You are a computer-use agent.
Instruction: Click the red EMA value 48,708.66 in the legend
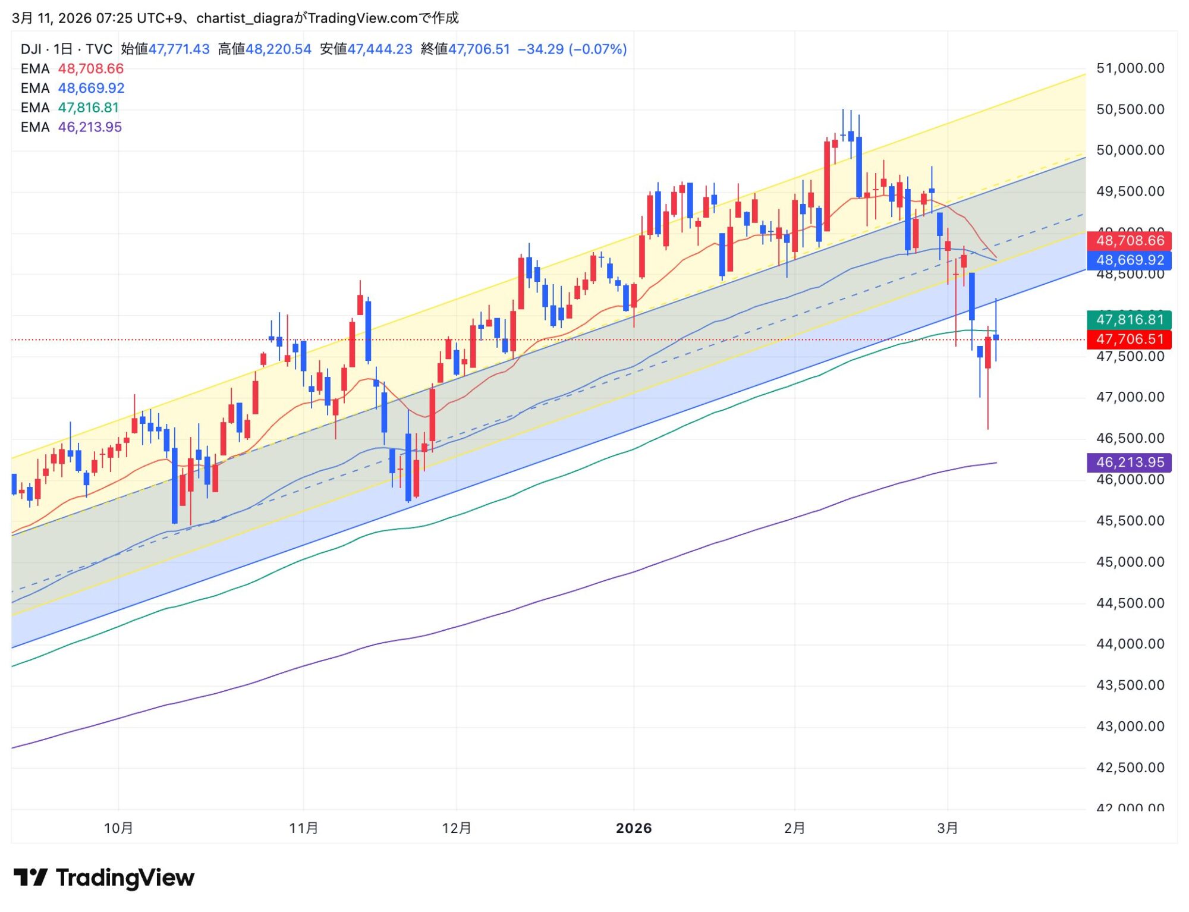90,69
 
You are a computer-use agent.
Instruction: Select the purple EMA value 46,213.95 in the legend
90,127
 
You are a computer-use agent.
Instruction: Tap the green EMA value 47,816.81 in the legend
88,108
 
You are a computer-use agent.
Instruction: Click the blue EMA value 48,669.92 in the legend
91,88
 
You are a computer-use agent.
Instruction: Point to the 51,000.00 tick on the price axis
1130,68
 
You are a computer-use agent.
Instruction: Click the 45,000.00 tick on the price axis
1130,562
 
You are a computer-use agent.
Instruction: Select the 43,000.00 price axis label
1130,727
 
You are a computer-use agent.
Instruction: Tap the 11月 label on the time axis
303,828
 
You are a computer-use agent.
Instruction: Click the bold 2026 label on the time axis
634,828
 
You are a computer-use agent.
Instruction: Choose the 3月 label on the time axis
948,828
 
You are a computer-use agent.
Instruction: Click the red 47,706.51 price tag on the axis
1130,339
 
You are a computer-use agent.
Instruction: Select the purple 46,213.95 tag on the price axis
1130,463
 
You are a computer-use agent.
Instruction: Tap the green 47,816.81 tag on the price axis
1130,320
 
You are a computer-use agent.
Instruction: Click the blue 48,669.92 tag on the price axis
1130,260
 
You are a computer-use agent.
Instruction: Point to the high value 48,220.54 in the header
278,49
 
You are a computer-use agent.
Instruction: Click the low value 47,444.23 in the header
379,49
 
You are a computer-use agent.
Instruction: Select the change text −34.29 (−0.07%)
572,49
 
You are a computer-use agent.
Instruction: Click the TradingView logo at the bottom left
104,878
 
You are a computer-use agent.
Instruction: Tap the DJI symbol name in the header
31,49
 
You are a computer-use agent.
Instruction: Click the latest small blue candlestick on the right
996,337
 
